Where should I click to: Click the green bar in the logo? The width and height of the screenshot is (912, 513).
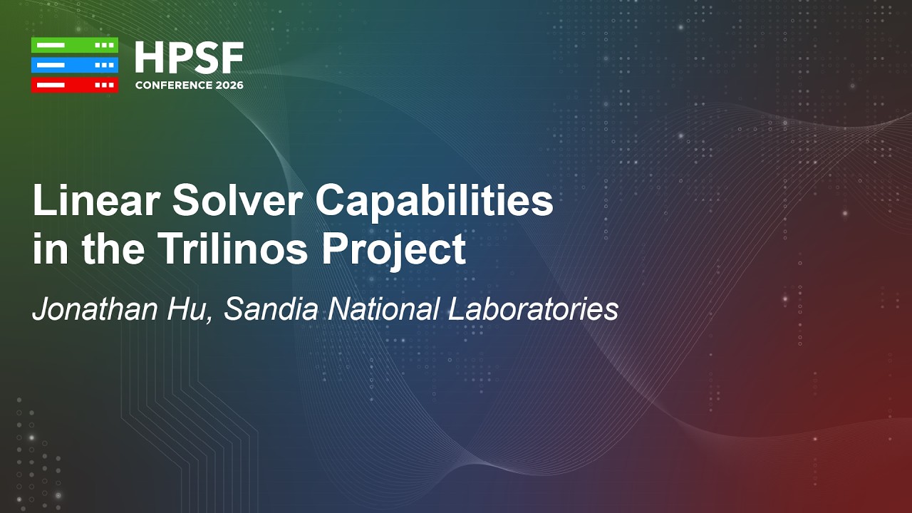point(74,45)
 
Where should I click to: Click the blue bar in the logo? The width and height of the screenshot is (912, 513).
point(74,65)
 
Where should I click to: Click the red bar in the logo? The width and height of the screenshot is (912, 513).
point(74,85)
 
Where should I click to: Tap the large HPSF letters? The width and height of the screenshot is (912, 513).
point(189,58)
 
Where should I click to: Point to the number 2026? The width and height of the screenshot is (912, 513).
point(229,85)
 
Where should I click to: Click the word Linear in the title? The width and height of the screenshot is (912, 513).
point(94,202)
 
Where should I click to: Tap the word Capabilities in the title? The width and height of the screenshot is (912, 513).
point(434,202)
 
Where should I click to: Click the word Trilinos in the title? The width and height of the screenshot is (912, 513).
point(232,249)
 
